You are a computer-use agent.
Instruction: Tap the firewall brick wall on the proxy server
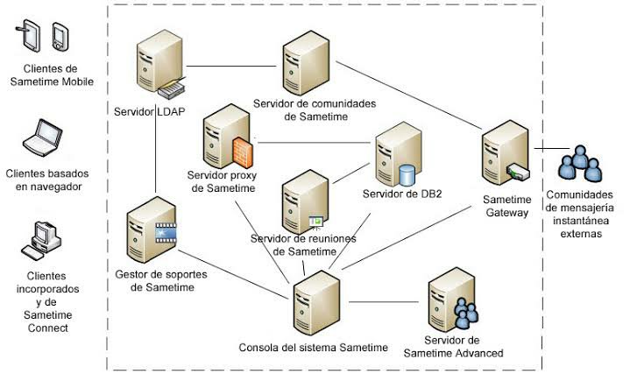(242, 151)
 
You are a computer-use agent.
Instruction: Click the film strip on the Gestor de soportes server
(166, 231)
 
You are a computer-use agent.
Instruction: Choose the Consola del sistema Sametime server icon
(312, 302)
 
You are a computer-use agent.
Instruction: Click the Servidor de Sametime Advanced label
(453, 346)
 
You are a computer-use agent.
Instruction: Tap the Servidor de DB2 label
(402, 194)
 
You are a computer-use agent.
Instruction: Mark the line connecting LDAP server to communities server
(228, 65)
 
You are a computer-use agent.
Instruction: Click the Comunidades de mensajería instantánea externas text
(579, 215)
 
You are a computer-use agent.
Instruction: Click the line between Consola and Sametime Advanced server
(385, 302)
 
